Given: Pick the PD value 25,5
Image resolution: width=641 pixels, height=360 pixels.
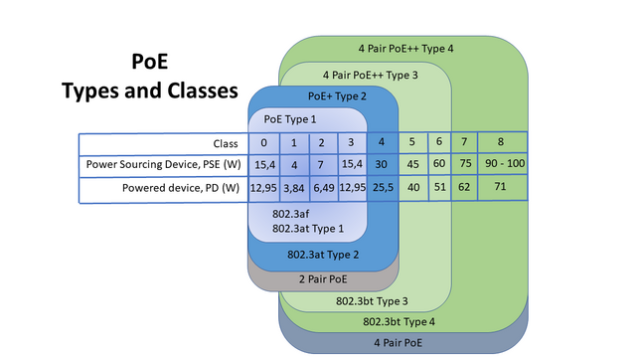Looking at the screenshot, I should (x=382, y=186).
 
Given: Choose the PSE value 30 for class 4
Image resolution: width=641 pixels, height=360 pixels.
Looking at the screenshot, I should (x=382, y=164).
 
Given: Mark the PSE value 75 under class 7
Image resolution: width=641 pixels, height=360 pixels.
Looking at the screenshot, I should (x=463, y=164).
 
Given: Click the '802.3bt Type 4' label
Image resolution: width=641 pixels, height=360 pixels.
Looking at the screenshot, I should (x=399, y=321).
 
